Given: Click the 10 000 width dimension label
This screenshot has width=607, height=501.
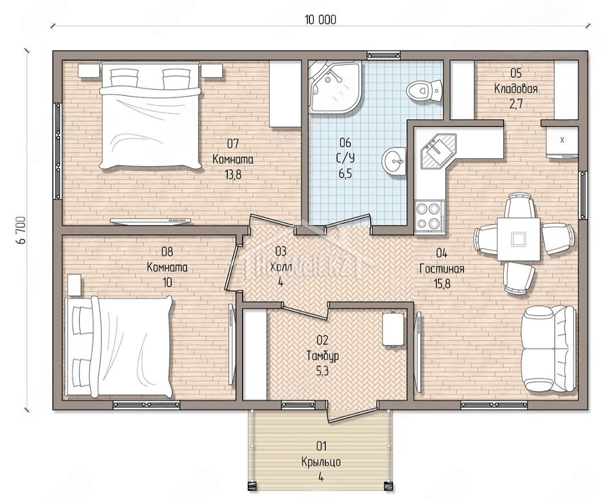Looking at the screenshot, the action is [x=321, y=20].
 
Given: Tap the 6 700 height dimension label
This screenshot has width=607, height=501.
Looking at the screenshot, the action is [x=22, y=230].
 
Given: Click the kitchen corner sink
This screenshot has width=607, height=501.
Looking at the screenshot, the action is [x=439, y=151].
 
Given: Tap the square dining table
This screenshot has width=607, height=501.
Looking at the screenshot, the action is [x=519, y=239].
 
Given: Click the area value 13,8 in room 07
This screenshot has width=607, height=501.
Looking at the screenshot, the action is [x=233, y=175].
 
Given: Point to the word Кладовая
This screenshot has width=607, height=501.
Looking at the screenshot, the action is [x=516, y=89].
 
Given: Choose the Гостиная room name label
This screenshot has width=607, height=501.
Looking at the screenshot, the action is [x=442, y=268].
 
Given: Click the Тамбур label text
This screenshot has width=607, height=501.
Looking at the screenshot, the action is [x=322, y=356].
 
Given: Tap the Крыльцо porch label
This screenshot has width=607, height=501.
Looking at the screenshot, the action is [x=321, y=462].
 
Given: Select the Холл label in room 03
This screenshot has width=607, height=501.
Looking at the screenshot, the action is [x=281, y=267].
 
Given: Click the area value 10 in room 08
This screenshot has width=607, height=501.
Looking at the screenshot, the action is [x=167, y=283].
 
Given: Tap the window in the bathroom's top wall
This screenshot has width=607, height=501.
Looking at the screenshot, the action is [x=383, y=55].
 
